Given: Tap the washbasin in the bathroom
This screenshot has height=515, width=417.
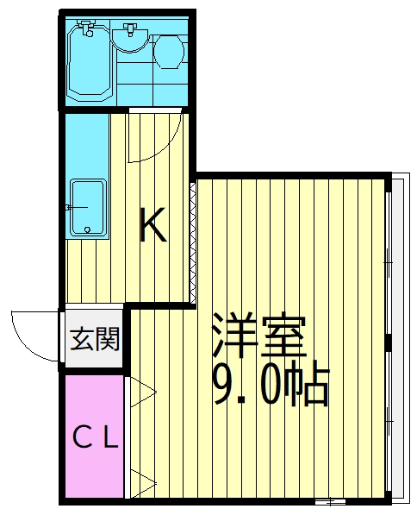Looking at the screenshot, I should click(131, 38).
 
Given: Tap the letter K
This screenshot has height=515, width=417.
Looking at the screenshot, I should click(154, 227).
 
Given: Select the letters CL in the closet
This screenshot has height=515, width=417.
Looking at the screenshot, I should click(94, 439).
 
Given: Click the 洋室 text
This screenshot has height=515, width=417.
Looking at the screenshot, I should click(258, 337).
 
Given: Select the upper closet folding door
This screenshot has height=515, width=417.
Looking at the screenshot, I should click(140, 393).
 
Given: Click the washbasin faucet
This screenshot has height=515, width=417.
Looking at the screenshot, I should click(131, 29).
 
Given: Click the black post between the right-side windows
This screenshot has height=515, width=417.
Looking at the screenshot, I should click(389, 344).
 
